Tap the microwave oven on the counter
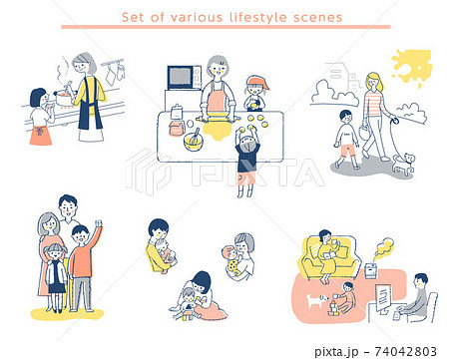[185, 78]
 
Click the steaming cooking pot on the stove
[64, 98]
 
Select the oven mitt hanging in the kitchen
[121, 72]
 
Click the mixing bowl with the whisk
[193, 141]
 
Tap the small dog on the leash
[404, 164]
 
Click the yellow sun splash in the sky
[412, 66]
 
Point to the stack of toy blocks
[333, 309]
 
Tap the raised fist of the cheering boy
[98, 223]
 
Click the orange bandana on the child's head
[256, 82]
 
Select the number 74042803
[406, 351]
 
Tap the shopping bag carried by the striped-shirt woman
[364, 132]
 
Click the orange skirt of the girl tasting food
[41, 136]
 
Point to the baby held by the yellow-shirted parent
[166, 254]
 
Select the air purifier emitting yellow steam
[372, 270]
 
